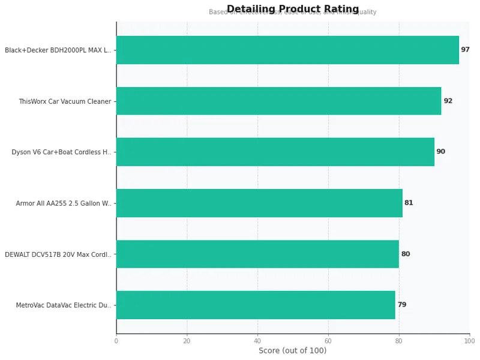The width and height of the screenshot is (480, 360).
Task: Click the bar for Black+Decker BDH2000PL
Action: click(287, 50)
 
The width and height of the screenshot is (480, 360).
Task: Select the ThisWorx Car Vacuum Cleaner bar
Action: click(278, 101)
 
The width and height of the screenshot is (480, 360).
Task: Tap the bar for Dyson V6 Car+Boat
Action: click(275, 152)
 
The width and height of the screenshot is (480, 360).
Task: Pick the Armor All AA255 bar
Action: click(259, 203)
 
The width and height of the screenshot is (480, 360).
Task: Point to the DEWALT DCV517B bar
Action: click(257, 254)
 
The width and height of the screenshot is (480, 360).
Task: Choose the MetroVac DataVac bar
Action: click(256, 305)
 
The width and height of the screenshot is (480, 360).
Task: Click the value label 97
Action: click(465, 50)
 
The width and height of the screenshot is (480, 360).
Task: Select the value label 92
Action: click(448, 101)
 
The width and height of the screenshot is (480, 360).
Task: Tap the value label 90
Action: click(440, 152)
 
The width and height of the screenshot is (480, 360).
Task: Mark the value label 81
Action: click(409, 203)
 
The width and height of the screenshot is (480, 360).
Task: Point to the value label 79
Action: click(401, 305)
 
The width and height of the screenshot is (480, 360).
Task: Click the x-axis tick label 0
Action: click(116, 341)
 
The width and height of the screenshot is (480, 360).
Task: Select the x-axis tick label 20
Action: click(187, 341)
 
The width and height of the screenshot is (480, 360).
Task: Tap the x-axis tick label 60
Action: click(328, 341)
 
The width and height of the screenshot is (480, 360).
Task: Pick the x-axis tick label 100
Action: click(469, 341)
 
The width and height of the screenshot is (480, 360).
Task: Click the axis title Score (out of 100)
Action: click(292, 351)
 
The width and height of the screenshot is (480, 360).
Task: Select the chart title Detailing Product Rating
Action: click(293, 8)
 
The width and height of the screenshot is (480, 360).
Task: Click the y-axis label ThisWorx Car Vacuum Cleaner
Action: click(65, 101)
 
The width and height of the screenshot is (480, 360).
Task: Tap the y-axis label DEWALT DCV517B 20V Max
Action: click(58, 254)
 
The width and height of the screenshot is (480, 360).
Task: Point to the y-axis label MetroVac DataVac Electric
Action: click(64, 305)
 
